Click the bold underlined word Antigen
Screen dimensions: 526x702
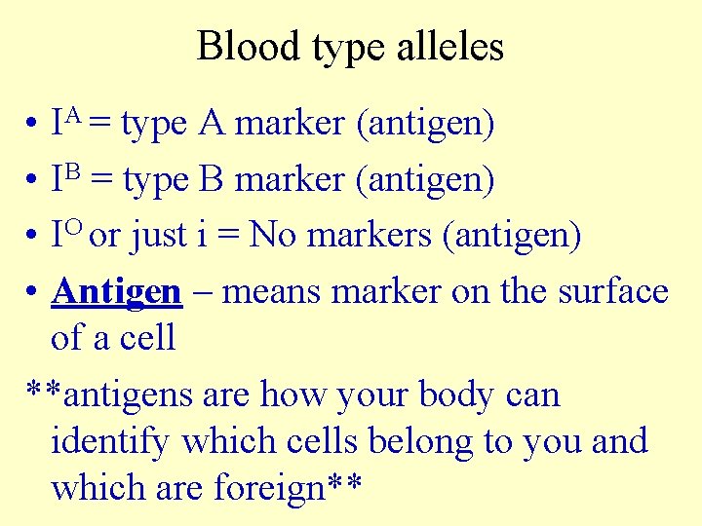tap(117, 291)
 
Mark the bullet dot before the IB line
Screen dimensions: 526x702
tap(33, 181)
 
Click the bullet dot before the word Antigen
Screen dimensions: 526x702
tap(33, 292)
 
